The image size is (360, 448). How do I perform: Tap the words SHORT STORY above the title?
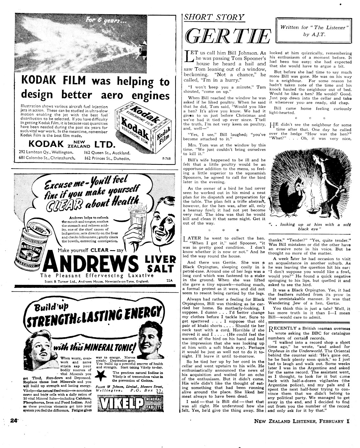pos(214,17)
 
